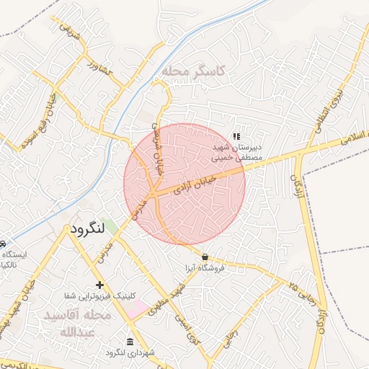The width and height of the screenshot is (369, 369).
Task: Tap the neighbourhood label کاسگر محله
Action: (194, 71)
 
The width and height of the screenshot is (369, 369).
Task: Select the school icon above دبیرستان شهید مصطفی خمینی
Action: (236, 135)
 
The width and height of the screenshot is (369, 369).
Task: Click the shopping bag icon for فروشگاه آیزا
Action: (205, 257)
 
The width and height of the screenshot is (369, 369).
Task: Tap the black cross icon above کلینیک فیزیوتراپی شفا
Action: (100, 285)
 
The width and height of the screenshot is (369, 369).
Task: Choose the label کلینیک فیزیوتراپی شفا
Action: (97, 297)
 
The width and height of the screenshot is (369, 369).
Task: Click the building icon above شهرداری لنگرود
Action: (130, 341)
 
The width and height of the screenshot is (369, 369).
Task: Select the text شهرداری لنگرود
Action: (126, 352)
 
